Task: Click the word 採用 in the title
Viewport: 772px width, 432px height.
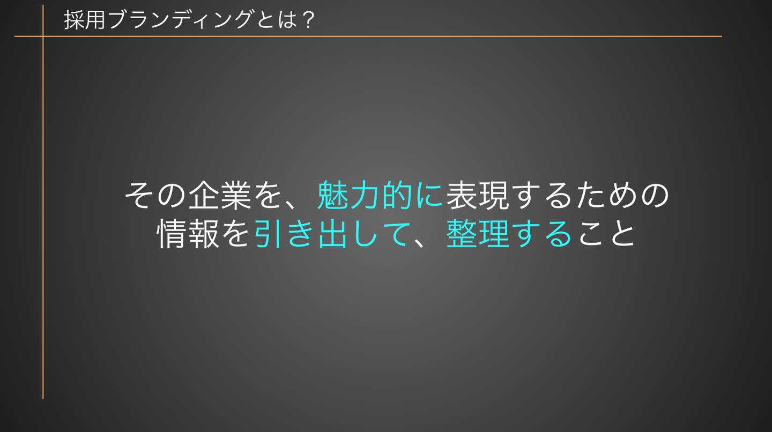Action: [x=85, y=20]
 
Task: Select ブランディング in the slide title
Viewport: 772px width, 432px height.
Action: [x=180, y=19]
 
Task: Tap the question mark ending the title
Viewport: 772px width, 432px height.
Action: [x=308, y=20]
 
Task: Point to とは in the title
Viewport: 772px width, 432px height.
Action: [x=277, y=20]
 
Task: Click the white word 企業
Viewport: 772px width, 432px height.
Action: [x=220, y=195]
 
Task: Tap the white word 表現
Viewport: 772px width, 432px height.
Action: [x=477, y=195]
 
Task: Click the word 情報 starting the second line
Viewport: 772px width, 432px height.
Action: [x=188, y=234]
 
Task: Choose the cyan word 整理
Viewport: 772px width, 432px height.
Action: [x=478, y=234]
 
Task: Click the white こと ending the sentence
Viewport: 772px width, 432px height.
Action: [x=606, y=234]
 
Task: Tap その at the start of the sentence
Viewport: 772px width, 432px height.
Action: [x=155, y=195]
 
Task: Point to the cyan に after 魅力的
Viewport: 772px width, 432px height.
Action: [x=429, y=196]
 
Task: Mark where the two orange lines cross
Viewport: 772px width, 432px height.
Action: [x=43, y=36]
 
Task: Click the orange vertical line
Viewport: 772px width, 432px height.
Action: [x=43, y=202]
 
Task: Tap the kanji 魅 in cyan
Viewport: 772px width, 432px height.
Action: [x=333, y=195]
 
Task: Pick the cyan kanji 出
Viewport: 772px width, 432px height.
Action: [x=332, y=234]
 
